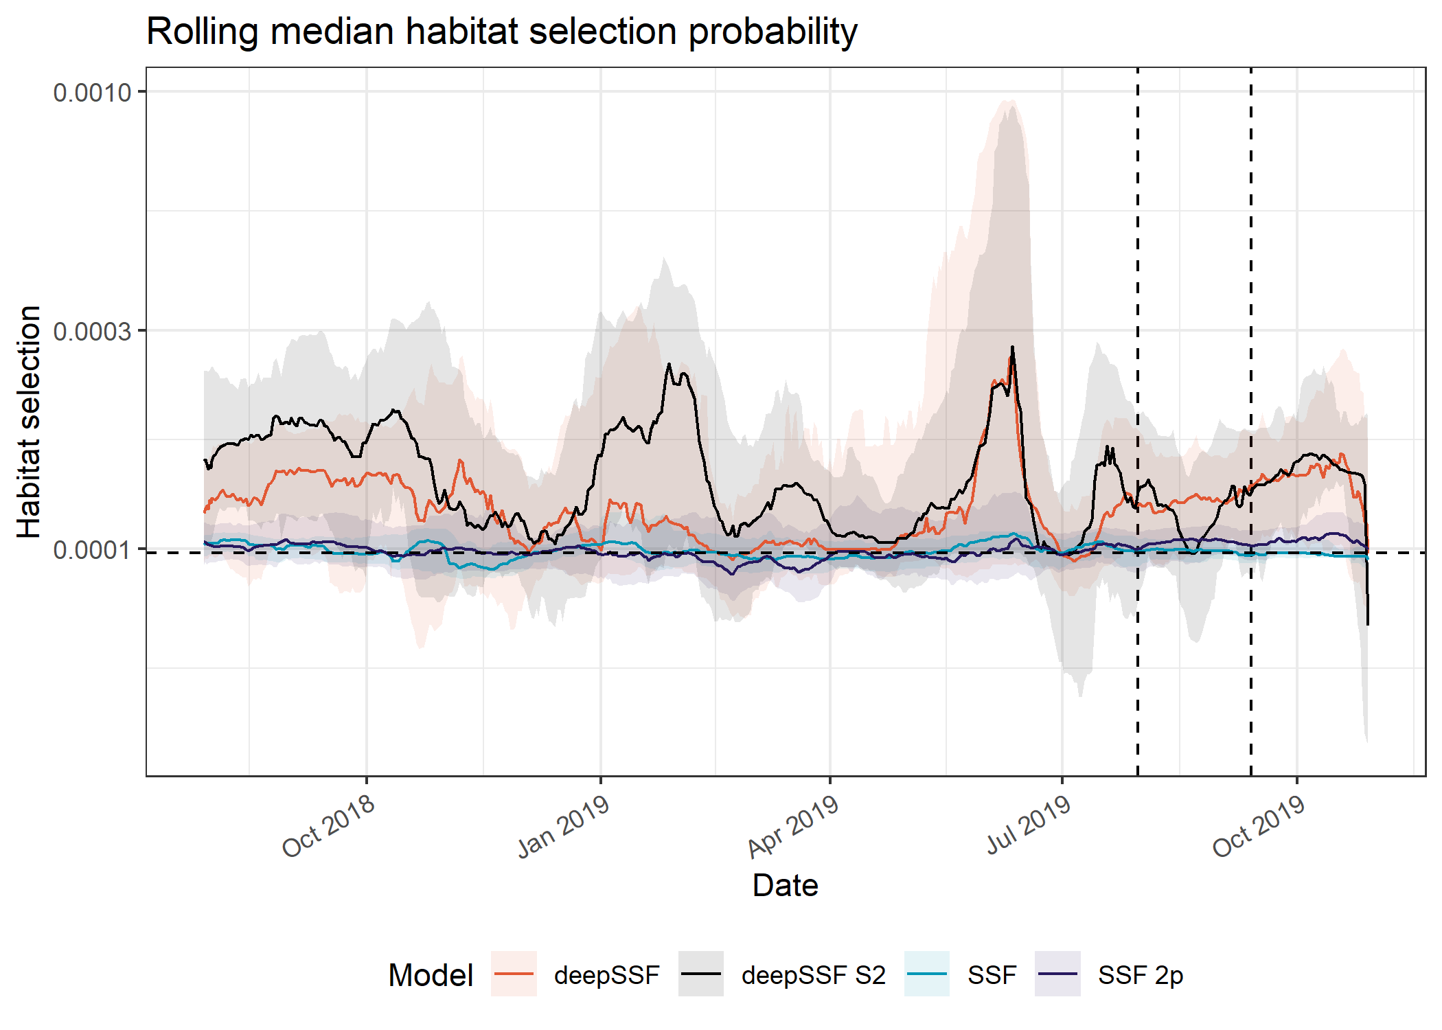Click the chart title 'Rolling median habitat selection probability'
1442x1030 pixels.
(501, 32)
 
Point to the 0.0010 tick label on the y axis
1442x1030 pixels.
(92, 92)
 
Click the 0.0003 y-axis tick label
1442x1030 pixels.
(92, 331)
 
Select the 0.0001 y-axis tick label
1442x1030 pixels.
(92, 550)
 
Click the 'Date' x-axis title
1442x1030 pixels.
(785, 886)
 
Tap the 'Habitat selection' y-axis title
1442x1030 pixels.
(29, 422)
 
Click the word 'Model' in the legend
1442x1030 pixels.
(431, 975)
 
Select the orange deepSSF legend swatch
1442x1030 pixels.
(514, 974)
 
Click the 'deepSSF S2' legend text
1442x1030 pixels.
(813, 975)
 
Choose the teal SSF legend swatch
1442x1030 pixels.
(927, 974)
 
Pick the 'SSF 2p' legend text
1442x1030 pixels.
(1140, 975)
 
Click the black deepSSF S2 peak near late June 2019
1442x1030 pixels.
(1012, 347)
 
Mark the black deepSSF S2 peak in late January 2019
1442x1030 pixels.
(669, 365)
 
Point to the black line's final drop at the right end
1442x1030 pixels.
(1368, 621)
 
